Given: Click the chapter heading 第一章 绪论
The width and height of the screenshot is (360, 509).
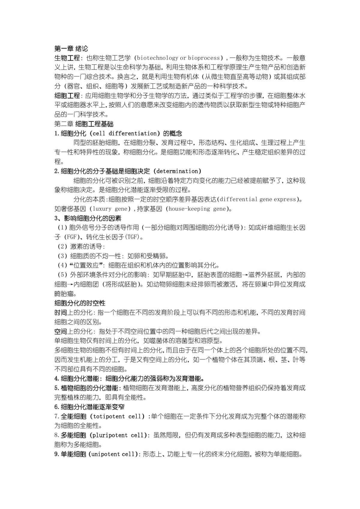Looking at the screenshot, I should pos(71,48).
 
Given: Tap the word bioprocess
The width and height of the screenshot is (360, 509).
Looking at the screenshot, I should pos(204,58).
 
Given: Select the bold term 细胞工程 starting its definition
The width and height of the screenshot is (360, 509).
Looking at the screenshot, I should pos(67,96).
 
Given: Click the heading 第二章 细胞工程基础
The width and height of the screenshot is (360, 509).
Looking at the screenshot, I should pos(84,124).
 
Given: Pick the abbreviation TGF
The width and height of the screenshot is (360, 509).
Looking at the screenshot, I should pos(132,237).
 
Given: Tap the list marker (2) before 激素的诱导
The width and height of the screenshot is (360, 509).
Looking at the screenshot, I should pos(62,247).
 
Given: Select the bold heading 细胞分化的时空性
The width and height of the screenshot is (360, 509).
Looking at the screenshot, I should pos(80,303).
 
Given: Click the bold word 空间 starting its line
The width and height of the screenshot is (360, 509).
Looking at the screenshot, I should pos(61,331).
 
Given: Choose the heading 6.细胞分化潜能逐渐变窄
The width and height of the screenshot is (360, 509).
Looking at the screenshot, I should pos(89,407).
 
